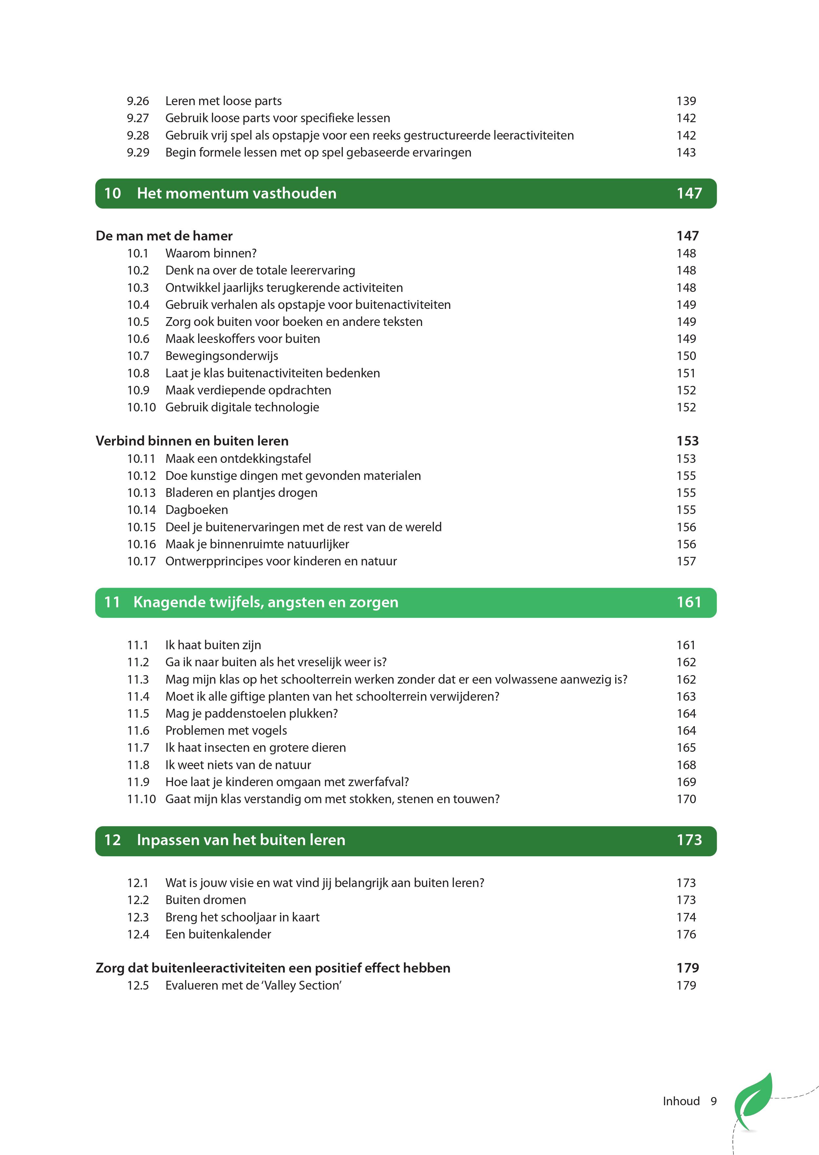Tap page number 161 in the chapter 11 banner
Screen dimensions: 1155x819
689,602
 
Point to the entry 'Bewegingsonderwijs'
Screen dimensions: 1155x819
221,356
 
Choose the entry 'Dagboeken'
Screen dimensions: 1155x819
196,510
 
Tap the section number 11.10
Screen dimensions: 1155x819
141,799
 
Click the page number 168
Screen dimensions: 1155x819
686,765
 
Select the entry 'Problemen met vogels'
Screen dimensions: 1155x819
226,730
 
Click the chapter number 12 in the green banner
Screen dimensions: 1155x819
112,840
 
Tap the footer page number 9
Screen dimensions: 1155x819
714,1101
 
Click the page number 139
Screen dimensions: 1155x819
686,101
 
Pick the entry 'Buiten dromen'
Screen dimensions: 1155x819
205,900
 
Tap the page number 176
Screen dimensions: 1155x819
686,934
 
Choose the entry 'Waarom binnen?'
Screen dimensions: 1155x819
211,253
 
